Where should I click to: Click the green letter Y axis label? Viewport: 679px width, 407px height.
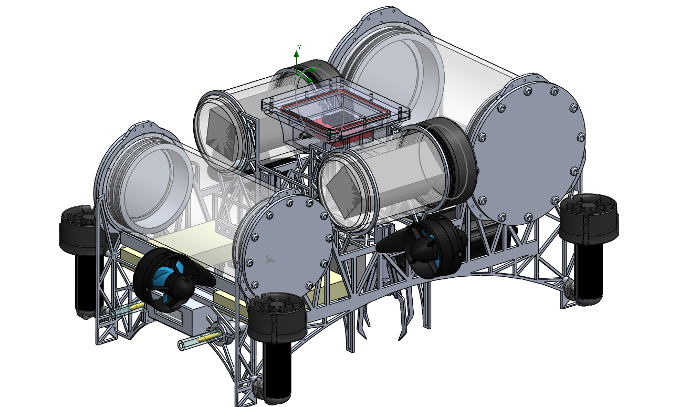(x=299, y=47)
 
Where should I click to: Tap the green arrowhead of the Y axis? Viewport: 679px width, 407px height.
(x=297, y=54)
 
